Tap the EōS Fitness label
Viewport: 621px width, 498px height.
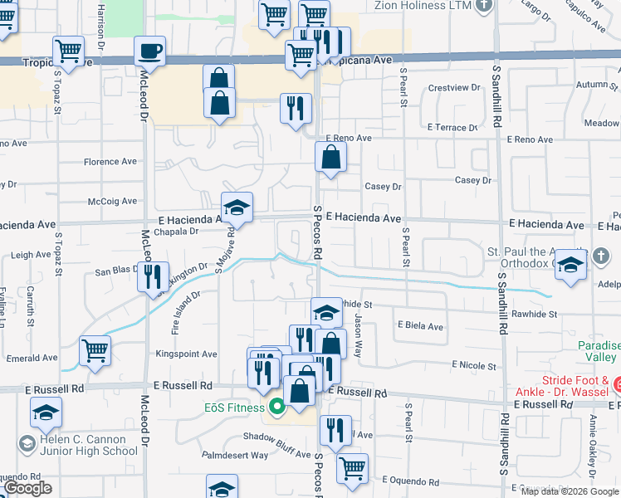237,408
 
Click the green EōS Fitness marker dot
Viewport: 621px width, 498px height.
276,407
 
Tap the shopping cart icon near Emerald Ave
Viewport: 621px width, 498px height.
95,351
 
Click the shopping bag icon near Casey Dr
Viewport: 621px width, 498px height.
330,157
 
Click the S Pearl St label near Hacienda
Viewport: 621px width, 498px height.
406,248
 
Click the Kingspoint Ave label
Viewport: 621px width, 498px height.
187,354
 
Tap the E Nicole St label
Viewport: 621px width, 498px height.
473,365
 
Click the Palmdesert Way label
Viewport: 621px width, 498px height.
237,455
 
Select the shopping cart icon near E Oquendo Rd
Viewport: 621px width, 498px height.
352,467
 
